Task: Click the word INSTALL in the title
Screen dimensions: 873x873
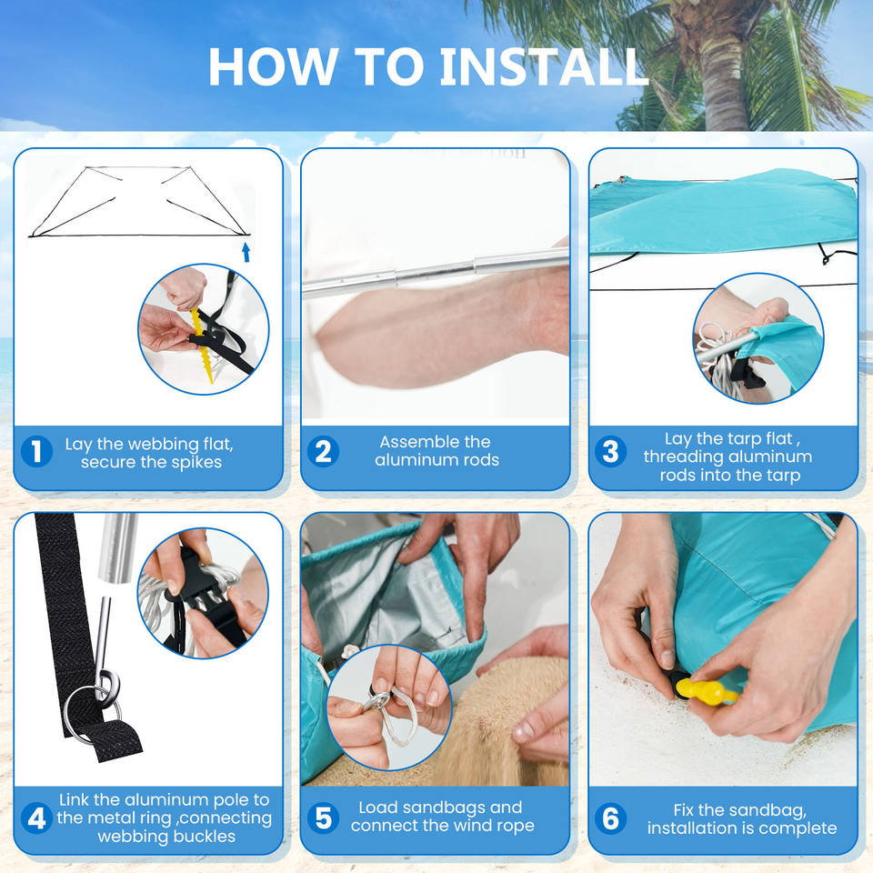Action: pos(544,67)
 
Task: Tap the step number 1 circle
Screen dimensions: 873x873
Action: pos(36,452)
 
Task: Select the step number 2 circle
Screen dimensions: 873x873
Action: pos(324,452)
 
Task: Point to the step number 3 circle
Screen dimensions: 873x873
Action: pos(611,452)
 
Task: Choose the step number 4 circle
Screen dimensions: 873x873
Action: pos(36,818)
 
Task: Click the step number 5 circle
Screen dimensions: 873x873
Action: pos(324,818)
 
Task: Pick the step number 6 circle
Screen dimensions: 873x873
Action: pos(611,818)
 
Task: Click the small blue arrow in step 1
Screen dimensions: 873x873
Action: pos(246,252)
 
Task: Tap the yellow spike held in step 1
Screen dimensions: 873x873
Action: pos(202,346)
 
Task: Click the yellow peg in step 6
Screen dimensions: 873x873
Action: pos(705,690)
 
